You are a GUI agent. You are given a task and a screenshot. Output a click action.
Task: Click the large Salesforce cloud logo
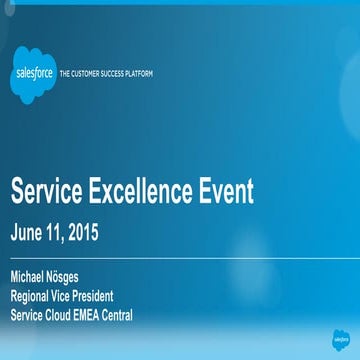tap(33, 74)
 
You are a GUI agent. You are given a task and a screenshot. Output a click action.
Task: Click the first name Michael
tap(30, 276)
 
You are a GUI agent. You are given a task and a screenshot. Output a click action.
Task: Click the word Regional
tap(32, 296)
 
